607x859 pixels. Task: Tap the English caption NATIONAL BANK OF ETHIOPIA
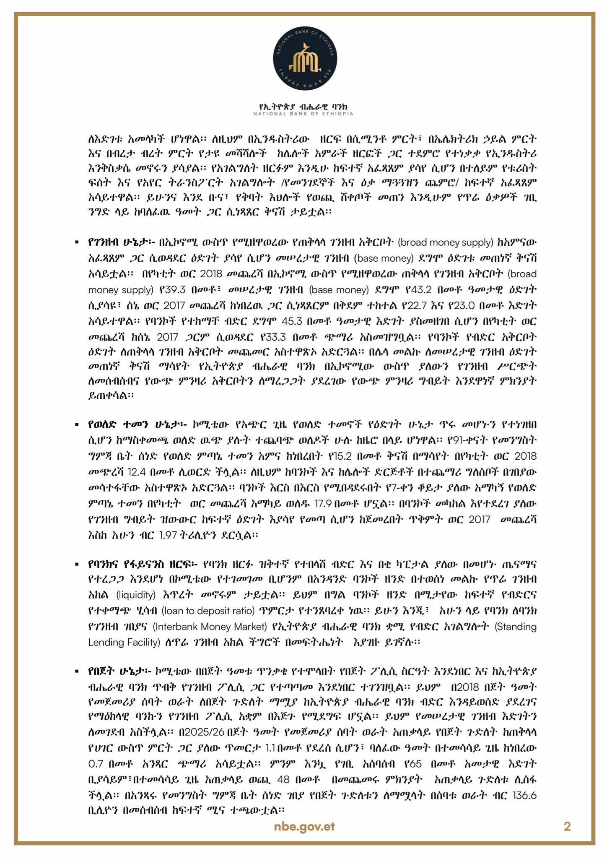(303, 114)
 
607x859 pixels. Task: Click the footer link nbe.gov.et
(304, 827)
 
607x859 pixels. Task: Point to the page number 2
(567, 827)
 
